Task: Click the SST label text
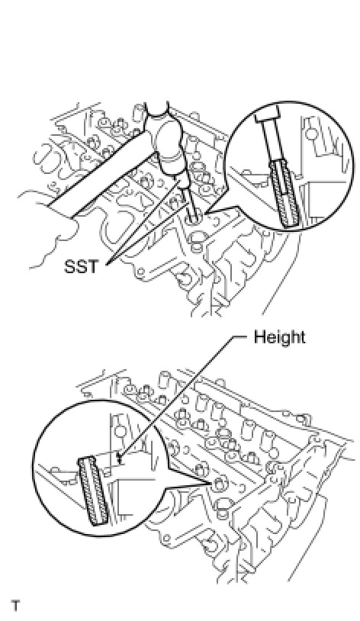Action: click(80, 266)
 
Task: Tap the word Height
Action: click(279, 337)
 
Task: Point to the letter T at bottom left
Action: click(16, 606)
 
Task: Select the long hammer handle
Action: click(98, 174)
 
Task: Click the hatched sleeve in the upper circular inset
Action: click(284, 193)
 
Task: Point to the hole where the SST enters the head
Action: click(194, 219)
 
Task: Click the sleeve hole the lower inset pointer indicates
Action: click(219, 483)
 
